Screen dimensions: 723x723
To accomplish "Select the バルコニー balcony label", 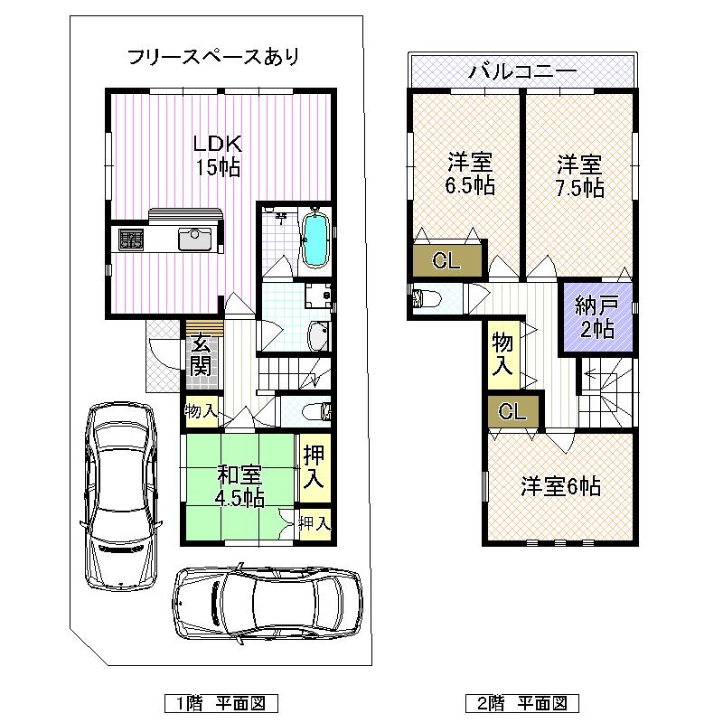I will pyautogui.click(x=521, y=70).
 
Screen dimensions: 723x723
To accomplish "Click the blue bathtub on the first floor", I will pyautogui.click(x=315, y=239).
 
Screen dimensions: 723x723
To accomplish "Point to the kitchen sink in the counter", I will pyautogui.click(x=194, y=239).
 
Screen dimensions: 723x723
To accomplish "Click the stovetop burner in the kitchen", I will pyautogui.click(x=130, y=239).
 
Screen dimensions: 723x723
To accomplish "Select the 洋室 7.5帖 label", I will pyautogui.click(x=579, y=175).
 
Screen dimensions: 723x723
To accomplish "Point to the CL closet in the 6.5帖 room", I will pyautogui.click(x=447, y=262).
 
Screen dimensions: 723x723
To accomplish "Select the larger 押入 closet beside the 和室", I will pyautogui.click(x=313, y=468).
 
